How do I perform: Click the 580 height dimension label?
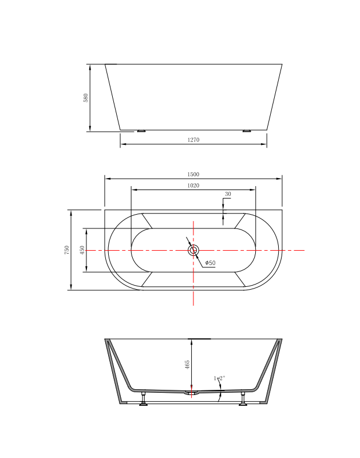coord(86,98)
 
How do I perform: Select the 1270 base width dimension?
coord(193,140)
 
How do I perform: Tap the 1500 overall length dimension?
coord(193,175)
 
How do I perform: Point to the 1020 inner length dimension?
coord(193,185)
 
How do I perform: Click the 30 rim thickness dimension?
coord(228,195)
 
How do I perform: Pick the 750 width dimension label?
coord(67,250)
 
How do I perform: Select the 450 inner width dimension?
coord(82,250)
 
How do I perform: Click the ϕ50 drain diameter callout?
coord(210,263)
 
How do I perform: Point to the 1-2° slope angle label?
coord(219,378)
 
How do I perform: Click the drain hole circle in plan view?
coord(193,250)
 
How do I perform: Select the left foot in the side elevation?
coord(141,131)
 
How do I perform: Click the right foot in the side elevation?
coord(247,131)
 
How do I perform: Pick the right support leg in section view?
coord(244,400)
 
